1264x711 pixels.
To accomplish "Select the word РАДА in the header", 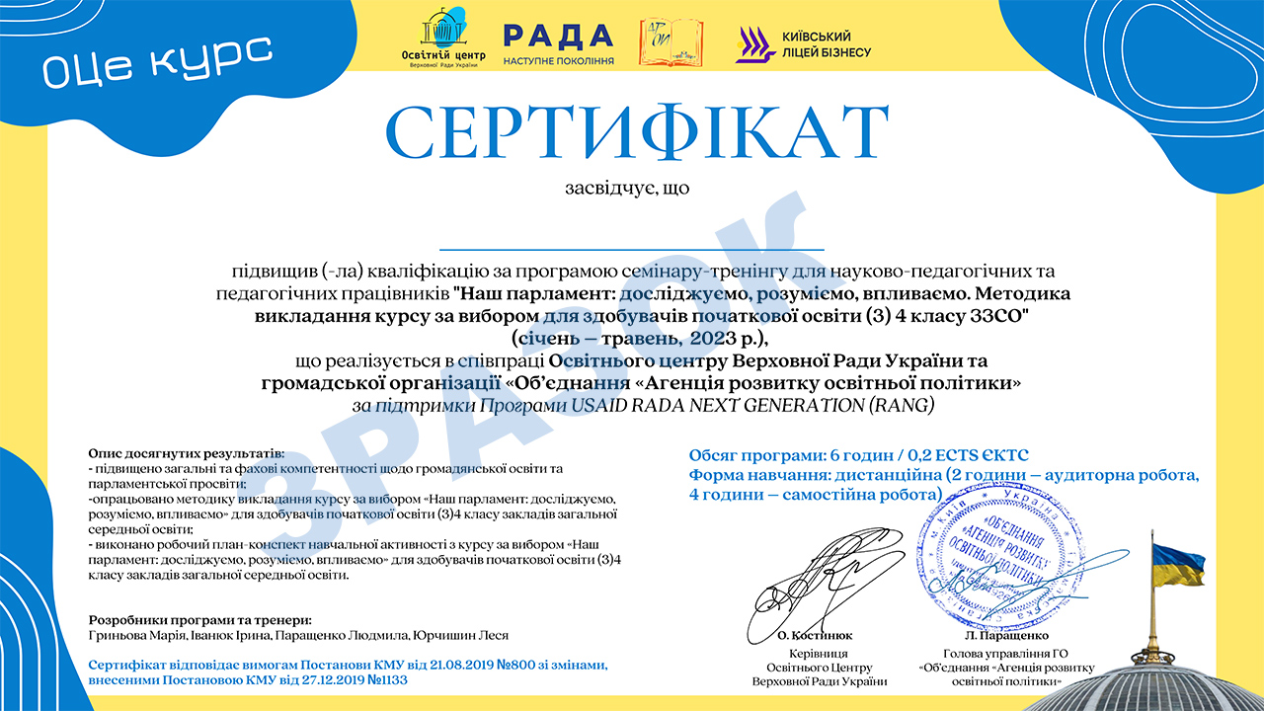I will pos(558,37).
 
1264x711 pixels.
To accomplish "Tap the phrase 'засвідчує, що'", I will pos(627,188).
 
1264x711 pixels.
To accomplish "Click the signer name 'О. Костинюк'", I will pos(816,636).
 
